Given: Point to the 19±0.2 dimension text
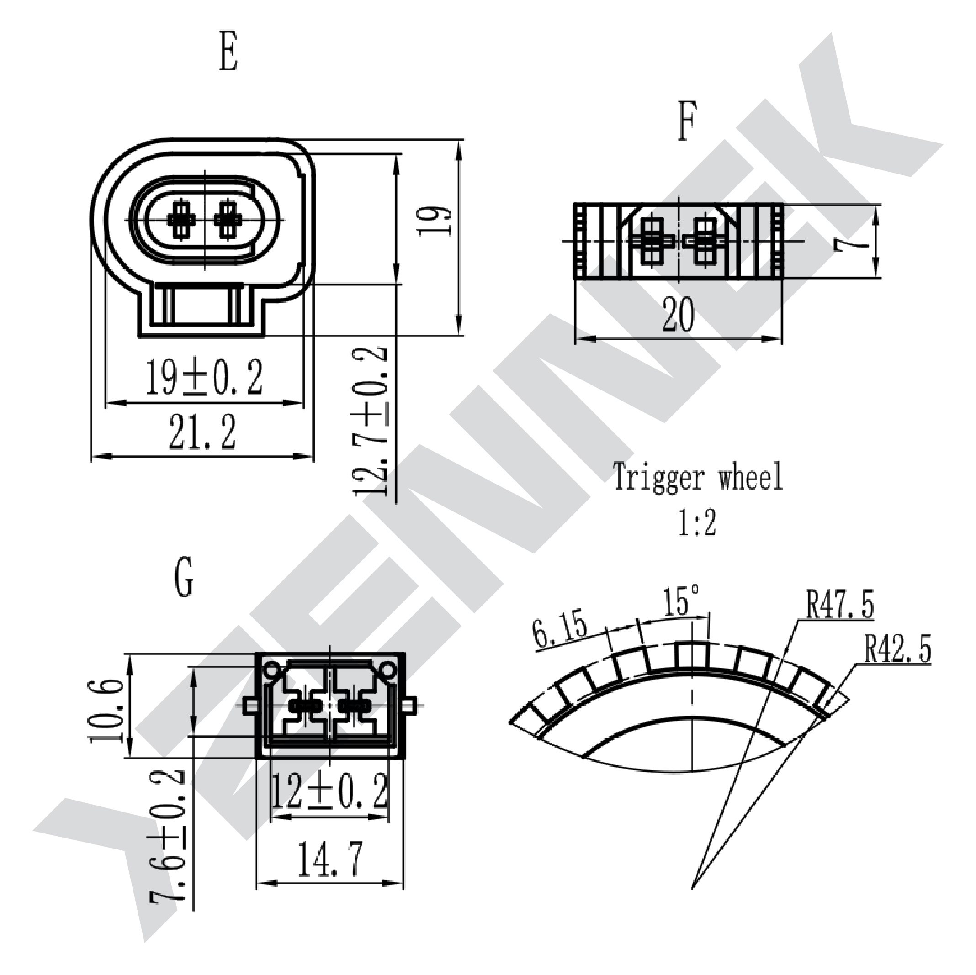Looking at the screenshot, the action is [205, 377].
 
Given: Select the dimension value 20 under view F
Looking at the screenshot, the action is [678, 314].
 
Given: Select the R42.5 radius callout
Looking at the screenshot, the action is [897, 648].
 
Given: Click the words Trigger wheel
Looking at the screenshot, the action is [698, 477].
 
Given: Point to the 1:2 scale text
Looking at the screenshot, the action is [697, 522].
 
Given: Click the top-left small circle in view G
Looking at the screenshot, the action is [272, 670].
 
